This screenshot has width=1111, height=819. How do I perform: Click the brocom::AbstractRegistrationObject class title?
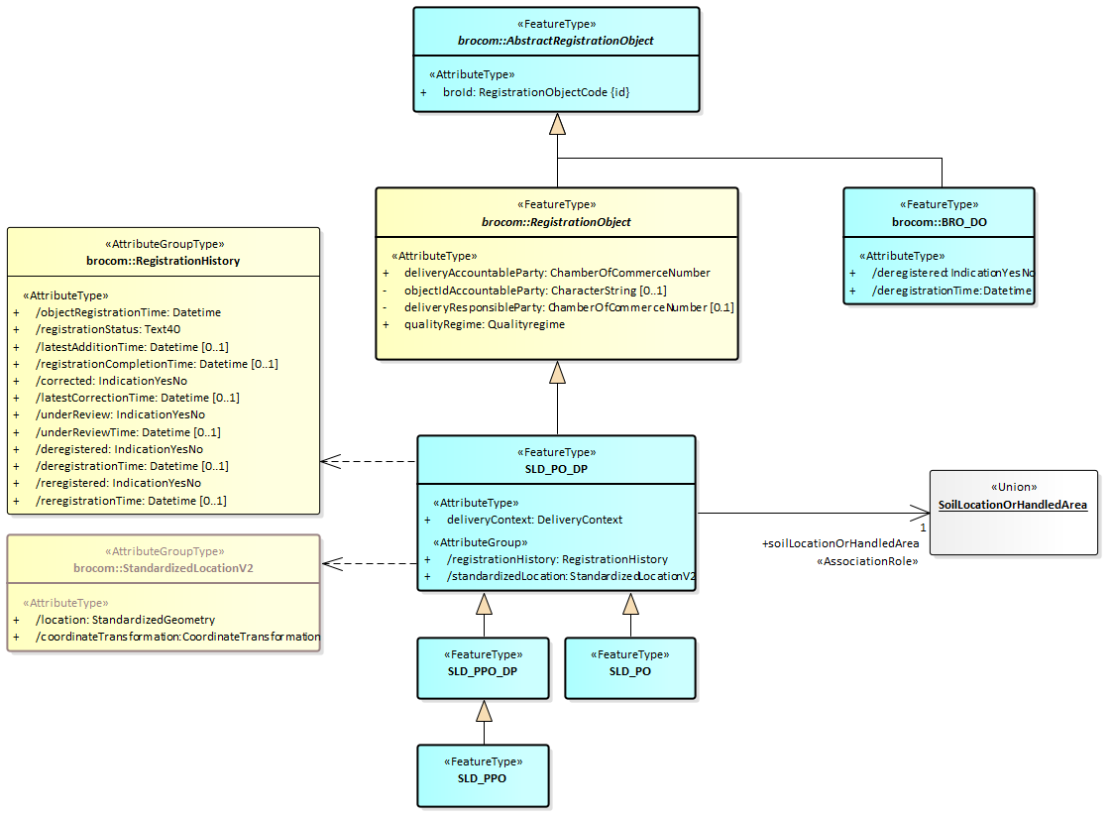555,41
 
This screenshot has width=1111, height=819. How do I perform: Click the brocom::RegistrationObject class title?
556,222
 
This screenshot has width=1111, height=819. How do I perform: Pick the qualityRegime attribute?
484,324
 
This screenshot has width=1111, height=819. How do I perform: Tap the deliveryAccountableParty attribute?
556,273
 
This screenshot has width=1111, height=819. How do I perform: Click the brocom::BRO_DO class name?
939,222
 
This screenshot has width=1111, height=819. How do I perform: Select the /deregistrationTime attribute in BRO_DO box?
950,291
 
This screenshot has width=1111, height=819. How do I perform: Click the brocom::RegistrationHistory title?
164,261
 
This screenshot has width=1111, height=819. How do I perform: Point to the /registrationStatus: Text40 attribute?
108,329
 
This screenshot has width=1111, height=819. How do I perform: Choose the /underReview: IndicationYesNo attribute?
120,414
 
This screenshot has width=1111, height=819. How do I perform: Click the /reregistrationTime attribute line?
131,501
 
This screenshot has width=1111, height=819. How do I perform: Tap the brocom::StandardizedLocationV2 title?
164,567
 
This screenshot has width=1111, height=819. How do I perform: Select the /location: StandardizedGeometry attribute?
125,620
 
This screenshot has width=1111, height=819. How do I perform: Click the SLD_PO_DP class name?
556,468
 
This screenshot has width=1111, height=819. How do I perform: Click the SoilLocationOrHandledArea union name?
1012,505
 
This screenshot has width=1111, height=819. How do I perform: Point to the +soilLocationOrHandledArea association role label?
839,543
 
